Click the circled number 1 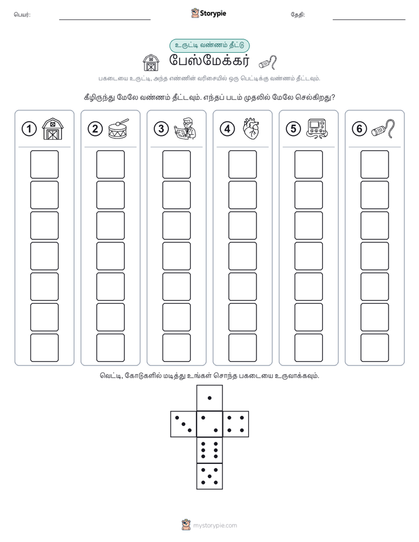tap(29, 129)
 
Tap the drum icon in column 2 tap(119, 128)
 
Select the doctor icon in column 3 tap(185, 128)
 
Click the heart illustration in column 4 tap(251, 128)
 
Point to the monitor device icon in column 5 tap(317, 128)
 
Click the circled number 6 tap(359, 129)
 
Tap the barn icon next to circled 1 tap(53, 129)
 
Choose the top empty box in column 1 tap(44, 164)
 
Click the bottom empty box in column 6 tap(374, 348)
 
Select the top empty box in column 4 tap(242, 164)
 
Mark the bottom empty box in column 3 tap(176, 348)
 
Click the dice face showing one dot tap(209, 398)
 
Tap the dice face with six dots tap(209, 450)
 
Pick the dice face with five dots tap(209, 476)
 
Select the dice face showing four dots tap(236, 424)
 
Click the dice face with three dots tap(184, 424)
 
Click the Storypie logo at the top tap(208, 13)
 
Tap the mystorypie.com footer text tap(215, 526)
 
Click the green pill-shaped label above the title tap(209, 46)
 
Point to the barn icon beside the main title tap(151, 63)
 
